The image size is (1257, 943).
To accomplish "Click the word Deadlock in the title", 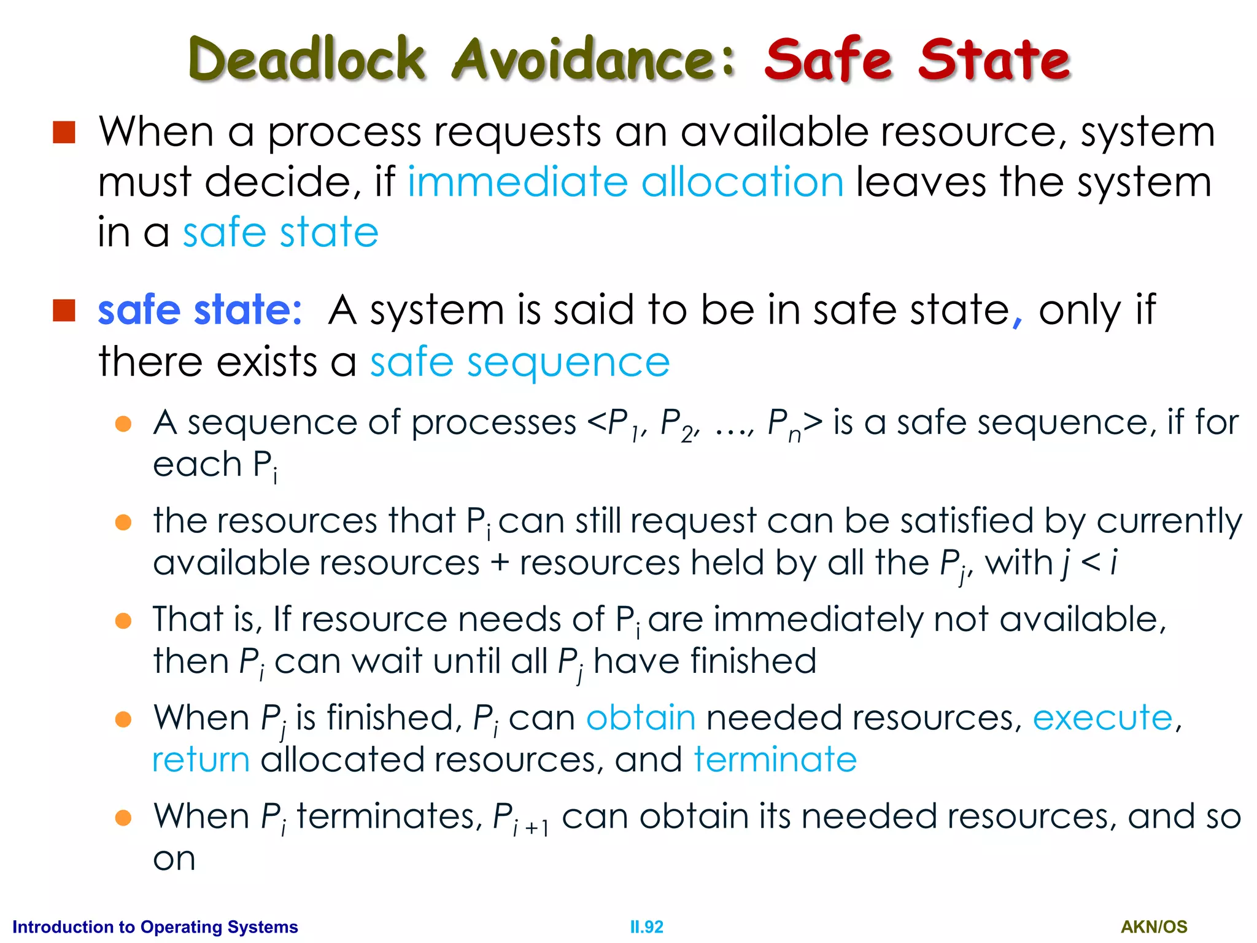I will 307,59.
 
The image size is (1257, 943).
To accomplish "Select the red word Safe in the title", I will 828,59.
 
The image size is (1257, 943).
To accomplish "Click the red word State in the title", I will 994,59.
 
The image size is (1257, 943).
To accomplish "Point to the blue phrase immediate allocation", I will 625,182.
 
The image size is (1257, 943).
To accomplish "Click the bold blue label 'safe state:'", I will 200,309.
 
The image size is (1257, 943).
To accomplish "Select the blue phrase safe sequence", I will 519,362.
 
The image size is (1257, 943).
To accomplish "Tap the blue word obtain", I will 641,718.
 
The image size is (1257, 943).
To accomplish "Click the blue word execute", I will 1102,718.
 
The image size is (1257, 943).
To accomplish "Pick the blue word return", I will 201,760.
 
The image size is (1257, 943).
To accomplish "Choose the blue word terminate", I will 775,760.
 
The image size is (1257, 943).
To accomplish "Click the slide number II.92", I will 646,927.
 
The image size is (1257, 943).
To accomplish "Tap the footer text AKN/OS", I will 1154,927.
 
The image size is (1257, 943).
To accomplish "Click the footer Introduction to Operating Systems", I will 155,927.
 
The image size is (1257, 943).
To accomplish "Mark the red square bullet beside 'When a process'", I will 64,132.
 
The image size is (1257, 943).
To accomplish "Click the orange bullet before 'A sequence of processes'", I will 123,424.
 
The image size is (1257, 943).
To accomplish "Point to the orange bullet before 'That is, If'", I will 123,621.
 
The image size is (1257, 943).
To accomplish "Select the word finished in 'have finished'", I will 705,661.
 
